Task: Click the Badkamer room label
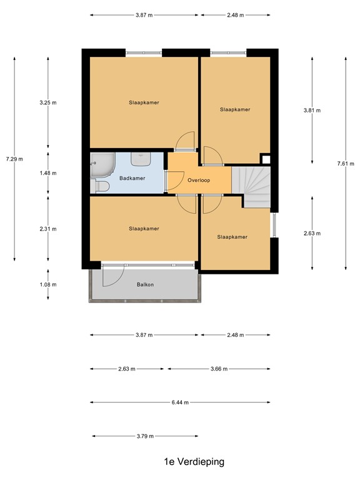[x=132, y=178]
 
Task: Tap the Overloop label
[x=198, y=180]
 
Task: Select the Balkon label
[x=145, y=285]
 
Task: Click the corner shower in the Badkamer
[x=101, y=165]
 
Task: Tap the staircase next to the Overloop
[x=252, y=186]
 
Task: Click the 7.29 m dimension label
[x=14, y=159]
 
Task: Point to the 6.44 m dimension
[x=181, y=402]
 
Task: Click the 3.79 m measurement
[x=145, y=436]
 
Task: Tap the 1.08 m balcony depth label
[x=47, y=284]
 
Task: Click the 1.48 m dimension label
[x=47, y=173]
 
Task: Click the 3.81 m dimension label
[x=312, y=111]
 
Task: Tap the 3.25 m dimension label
[x=47, y=102]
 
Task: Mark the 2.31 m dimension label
[x=47, y=229]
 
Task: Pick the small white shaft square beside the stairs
[x=266, y=159]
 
